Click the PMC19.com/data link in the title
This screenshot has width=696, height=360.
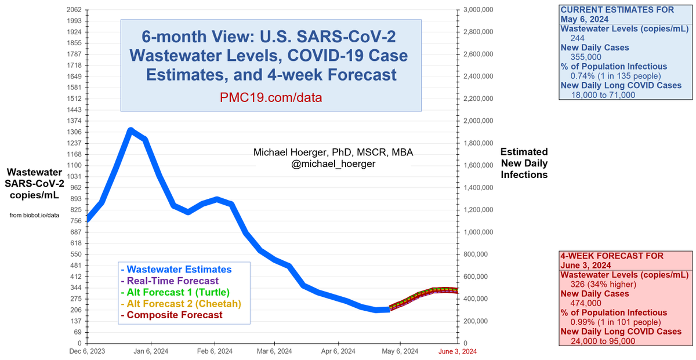coord(271,97)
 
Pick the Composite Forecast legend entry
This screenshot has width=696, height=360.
coord(171,315)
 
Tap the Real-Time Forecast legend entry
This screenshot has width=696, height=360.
coord(165,281)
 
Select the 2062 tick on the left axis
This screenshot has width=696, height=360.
coord(74,10)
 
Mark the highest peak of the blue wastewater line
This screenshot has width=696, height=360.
coord(130,130)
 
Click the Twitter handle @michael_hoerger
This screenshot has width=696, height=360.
coord(333,164)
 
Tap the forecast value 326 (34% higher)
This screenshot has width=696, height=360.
coord(597,284)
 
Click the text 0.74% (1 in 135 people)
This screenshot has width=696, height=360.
coord(608,76)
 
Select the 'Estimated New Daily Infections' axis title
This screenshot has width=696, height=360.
coord(524,163)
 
